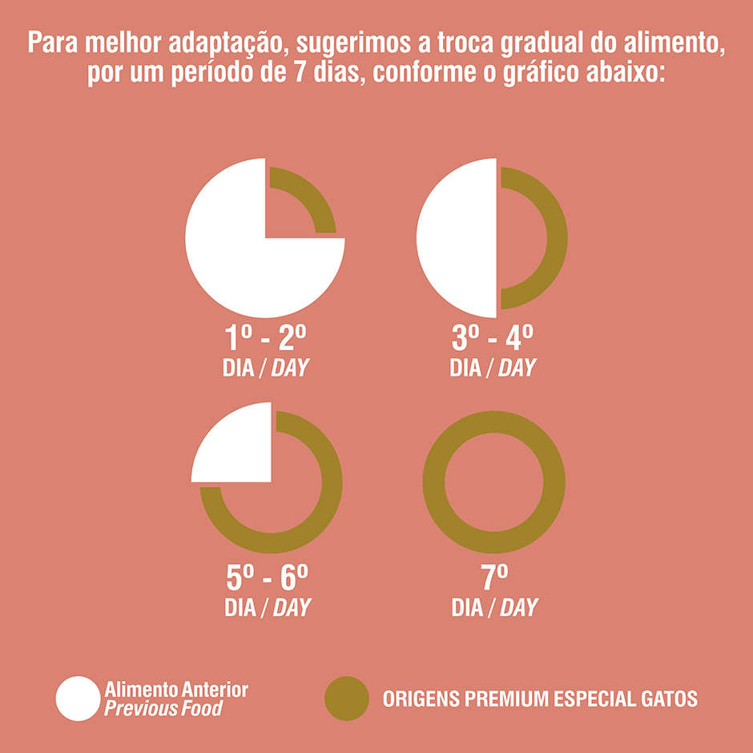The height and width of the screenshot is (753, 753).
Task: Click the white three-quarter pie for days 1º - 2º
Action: (232, 256)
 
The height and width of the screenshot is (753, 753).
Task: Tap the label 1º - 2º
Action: (265, 338)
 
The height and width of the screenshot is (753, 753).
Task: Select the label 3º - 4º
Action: (493, 338)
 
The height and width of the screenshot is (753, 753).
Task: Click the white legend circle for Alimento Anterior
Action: (78, 699)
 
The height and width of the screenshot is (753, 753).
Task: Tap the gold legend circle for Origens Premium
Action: (347, 699)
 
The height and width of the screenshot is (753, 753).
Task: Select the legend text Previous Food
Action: (163, 709)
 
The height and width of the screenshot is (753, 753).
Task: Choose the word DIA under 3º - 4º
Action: (465, 368)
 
